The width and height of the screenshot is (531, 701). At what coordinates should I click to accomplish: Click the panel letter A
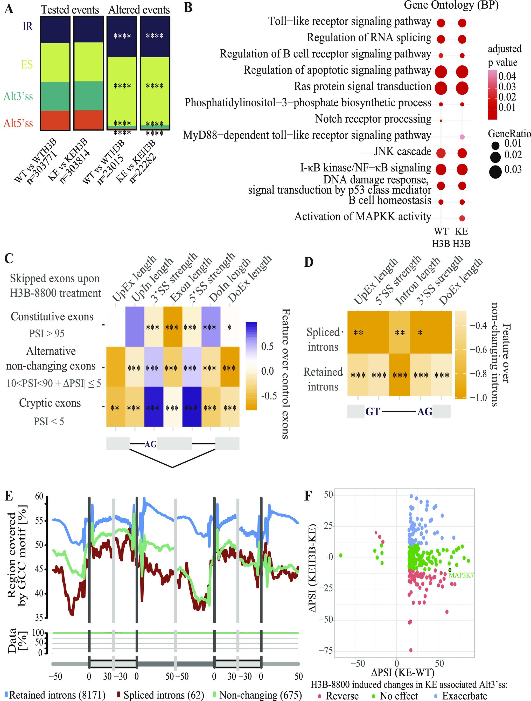[9, 9]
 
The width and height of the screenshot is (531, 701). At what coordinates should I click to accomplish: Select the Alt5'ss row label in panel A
[18, 123]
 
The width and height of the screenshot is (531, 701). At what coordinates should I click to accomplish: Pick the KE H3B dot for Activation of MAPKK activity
[462, 218]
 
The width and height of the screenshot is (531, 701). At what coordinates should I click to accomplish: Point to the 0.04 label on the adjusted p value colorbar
[507, 76]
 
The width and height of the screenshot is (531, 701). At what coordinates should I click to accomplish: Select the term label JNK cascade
[402, 152]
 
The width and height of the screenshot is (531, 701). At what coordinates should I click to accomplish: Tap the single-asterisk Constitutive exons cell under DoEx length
[229, 327]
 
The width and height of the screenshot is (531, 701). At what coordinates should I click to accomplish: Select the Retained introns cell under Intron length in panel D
[400, 375]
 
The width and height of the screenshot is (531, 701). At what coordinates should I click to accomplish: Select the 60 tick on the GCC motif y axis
[39, 497]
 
